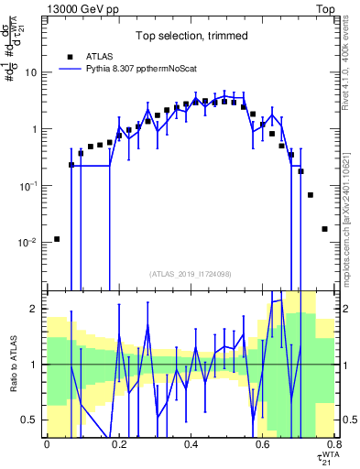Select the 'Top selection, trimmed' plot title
tap(189, 37)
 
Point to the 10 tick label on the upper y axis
tap(31, 72)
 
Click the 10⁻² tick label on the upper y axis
tap(28, 243)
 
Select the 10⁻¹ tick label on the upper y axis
tap(28, 186)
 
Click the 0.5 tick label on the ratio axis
tap(31, 420)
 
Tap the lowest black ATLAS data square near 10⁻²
tap(57, 239)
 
